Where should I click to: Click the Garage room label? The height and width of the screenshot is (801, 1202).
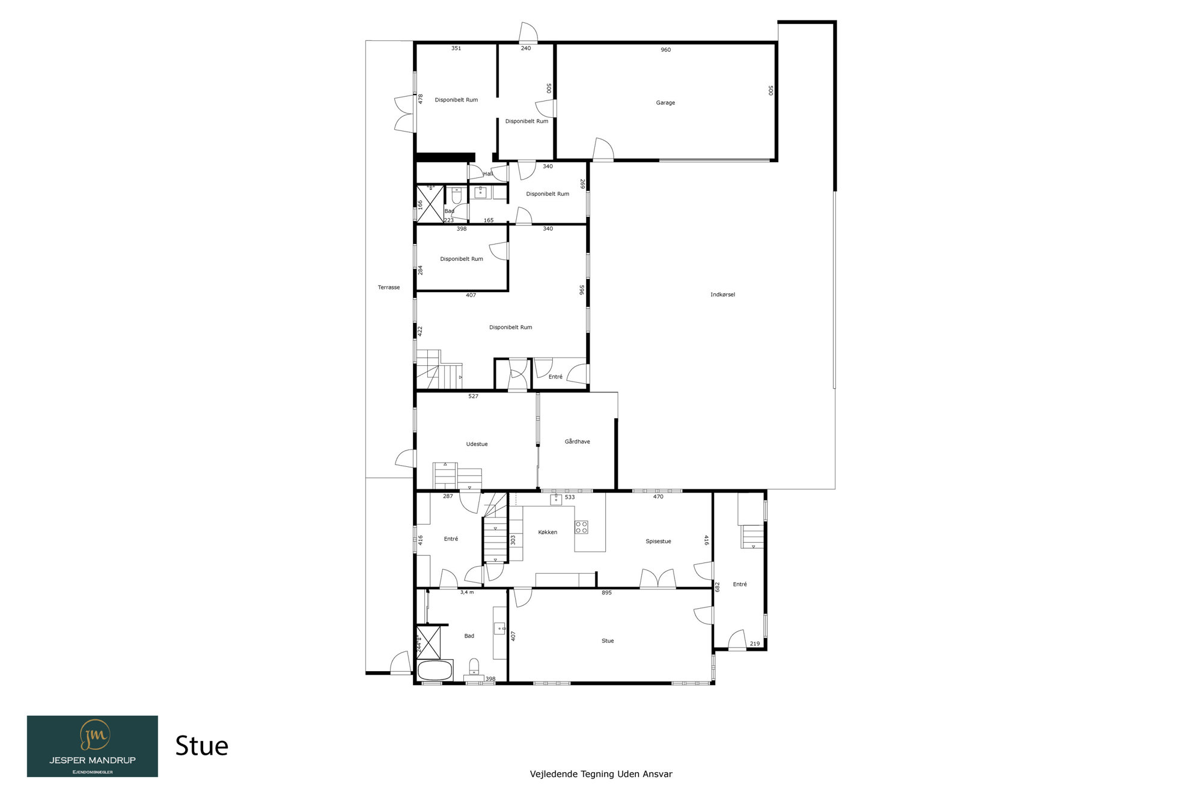[665, 103]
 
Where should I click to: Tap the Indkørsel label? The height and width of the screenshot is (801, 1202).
[722, 294]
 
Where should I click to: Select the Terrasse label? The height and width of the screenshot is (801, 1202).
[389, 287]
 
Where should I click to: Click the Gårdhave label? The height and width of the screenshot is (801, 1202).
[577, 442]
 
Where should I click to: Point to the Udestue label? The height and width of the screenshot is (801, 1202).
[477, 444]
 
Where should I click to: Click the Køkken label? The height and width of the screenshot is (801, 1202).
[548, 532]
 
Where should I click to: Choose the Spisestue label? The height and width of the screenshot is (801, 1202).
[658, 541]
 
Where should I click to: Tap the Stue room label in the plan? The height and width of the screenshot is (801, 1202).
[608, 641]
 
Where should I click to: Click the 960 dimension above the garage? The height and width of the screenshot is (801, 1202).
[665, 50]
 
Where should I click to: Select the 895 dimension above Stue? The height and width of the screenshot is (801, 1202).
[606, 592]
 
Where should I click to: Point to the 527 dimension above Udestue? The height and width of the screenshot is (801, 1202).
[473, 396]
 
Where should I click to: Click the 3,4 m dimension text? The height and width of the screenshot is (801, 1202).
[467, 592]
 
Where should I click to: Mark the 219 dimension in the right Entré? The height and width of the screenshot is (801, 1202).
[755, 644]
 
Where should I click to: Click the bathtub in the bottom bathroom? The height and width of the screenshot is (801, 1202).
[435, 670]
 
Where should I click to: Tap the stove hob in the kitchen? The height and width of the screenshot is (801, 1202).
[581, 527]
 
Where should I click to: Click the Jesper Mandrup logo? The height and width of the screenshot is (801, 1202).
[93, 746]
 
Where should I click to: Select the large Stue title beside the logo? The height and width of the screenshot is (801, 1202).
[202, 746]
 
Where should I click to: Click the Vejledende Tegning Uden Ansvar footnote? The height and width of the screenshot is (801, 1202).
[601, 774]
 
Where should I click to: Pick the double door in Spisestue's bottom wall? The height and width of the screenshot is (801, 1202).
[658, 578]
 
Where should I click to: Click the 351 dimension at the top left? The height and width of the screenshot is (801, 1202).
[456, 48]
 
